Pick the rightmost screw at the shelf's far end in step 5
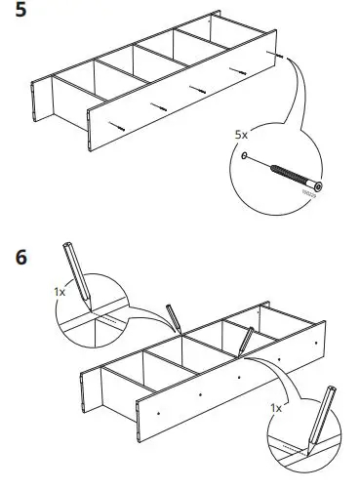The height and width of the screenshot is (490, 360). pos(279,57)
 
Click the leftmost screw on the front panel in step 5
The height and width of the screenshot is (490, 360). pos(117,124)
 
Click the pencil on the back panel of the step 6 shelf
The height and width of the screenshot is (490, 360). pos(174,318)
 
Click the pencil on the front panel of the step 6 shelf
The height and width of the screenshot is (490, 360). pos(243,341)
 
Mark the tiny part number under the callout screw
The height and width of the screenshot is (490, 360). pos(309,195)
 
